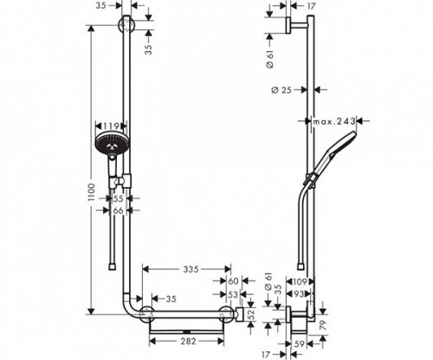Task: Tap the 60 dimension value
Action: [232, 282]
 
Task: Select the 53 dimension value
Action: [232, 296]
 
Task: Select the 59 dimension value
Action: [299, 344]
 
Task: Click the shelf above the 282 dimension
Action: [191, 329]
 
